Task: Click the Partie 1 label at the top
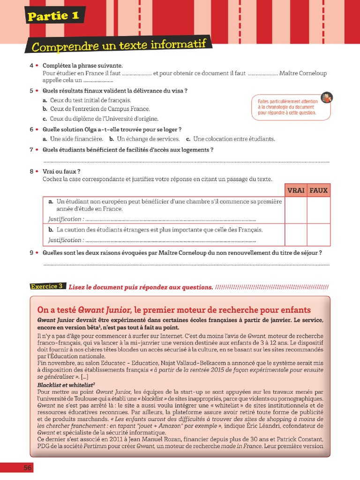(x=54, y=16)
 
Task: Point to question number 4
(x=31, y=66)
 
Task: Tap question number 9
(x=31, y=253)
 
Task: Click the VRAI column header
(x=296, y=190)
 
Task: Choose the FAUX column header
(x=319, y=190)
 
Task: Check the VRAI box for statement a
(x=296, y=210)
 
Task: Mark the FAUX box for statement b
(x=319, y=234)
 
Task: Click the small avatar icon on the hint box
(x=327, y=97)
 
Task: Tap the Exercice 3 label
(x=47, y=286)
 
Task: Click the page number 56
(x=28, y=468)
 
